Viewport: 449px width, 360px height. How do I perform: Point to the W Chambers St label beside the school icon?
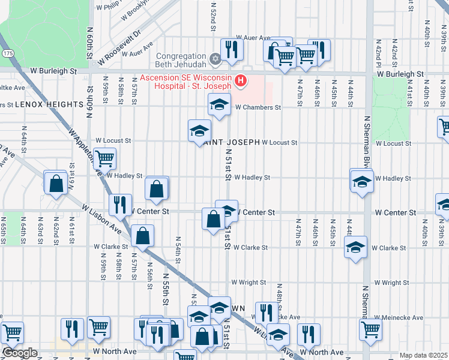258,107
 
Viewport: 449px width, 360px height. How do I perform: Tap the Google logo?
19,353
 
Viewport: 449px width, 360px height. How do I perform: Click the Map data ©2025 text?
424,355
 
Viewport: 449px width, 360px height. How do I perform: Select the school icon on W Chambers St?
220,105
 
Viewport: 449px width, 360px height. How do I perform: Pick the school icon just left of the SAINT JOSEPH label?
200,131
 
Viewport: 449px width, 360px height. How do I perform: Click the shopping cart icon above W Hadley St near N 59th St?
104,159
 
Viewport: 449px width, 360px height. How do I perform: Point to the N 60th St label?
89,42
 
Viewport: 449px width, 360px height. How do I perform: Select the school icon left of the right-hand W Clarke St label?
355,247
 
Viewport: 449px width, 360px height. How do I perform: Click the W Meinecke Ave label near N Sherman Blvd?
399,317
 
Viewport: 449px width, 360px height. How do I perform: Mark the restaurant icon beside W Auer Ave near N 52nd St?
231,49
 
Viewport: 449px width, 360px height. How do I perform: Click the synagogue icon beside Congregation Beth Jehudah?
214,59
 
